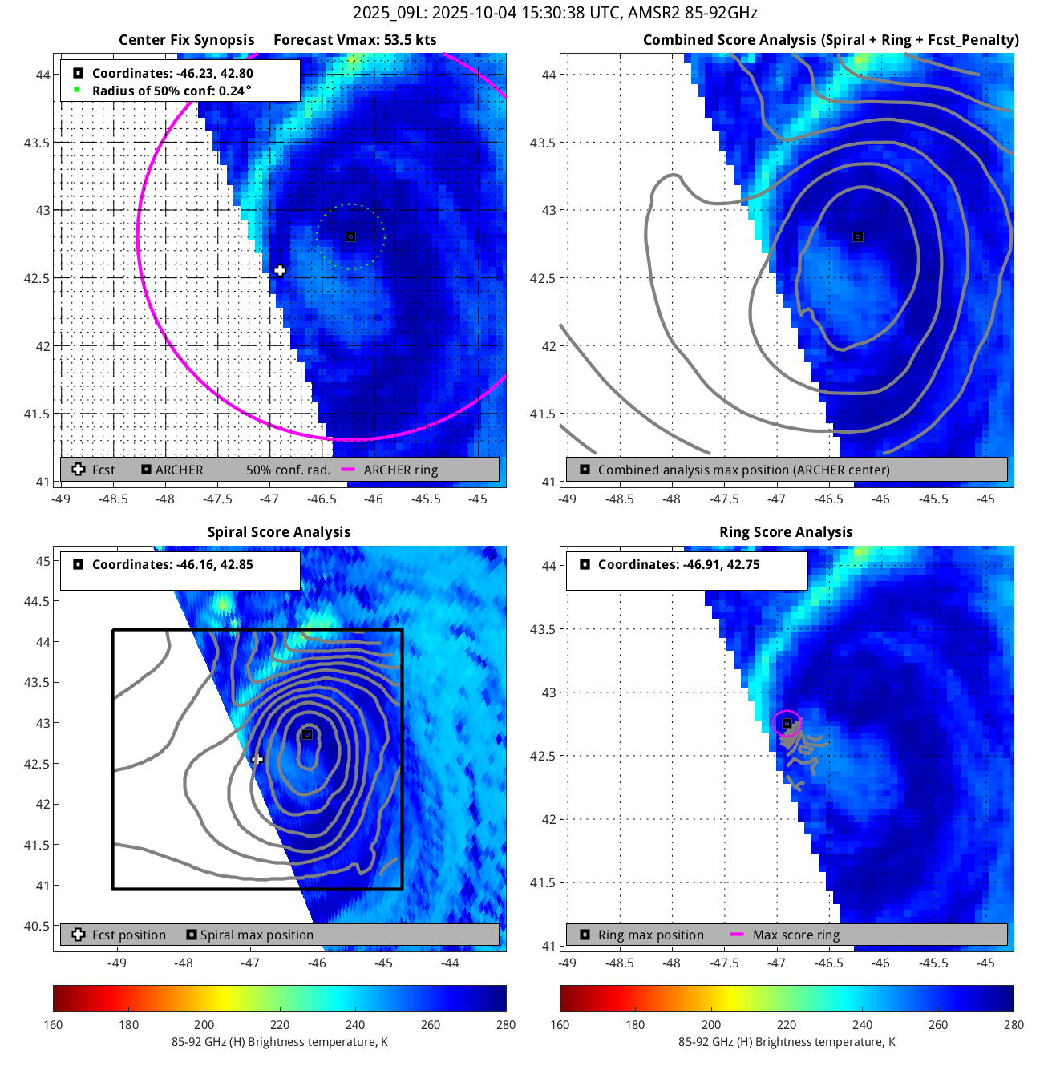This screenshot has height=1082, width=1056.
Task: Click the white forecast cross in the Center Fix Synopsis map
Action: pos(280,271)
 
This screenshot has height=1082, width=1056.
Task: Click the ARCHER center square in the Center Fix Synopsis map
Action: pos(350,236)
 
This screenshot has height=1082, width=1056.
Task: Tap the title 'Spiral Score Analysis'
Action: pos(279,532)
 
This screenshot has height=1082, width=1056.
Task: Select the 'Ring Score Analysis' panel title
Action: pos(786,532)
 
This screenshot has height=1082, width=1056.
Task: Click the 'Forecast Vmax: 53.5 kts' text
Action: pos(354,40)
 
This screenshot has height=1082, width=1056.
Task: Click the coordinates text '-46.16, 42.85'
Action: pos(212,564)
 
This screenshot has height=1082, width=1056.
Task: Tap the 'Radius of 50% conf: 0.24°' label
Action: pos(171,91)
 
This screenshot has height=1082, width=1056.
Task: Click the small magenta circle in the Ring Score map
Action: pos(787,723)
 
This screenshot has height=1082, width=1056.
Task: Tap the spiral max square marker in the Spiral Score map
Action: pos(306,734)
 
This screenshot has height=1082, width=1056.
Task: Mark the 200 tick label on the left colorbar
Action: pos(204,1024)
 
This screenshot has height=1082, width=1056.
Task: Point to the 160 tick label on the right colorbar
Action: pos(560,1024)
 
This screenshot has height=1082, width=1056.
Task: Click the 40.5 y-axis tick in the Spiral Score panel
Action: pos(36,926)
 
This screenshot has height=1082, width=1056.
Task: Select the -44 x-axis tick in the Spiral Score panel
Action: pos(450,963)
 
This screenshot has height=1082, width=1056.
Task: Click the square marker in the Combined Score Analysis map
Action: pos(858,236)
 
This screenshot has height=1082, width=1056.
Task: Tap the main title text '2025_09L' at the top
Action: pos(382,13)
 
